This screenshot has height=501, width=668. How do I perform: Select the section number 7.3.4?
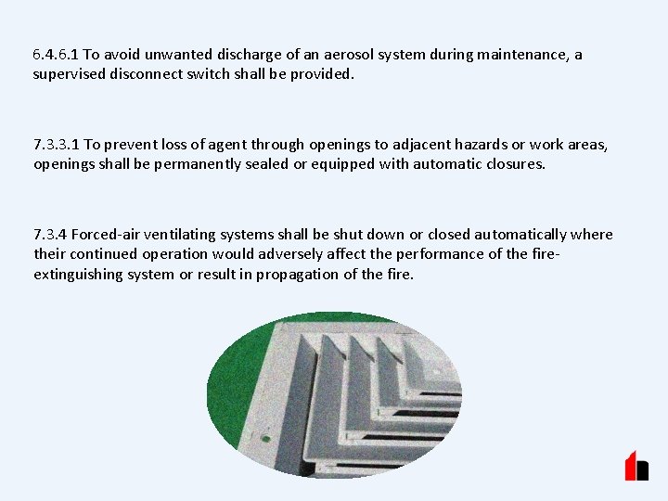pos(50,235)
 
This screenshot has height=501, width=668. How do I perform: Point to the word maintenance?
pos(520,55)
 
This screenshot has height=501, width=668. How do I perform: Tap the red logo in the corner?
pos(636,465)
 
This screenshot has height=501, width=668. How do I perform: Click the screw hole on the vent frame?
pos(265,435)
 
